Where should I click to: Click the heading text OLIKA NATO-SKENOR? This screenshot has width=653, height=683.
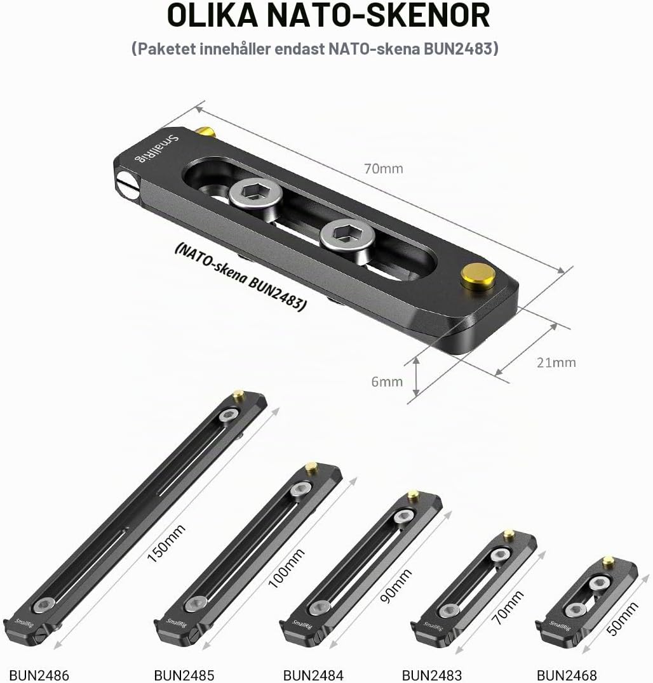(328, 15)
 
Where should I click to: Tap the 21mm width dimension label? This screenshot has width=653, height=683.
(556, 362)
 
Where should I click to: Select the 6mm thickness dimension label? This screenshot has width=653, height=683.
(387, 381)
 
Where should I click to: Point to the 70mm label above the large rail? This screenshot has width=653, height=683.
(384, 169)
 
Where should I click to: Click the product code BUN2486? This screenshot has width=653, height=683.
(39, 675)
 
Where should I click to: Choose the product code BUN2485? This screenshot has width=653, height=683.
(184, 675)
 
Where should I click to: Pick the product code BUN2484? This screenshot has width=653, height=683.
(313, 675)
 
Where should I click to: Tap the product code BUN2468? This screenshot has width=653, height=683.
(567, 675)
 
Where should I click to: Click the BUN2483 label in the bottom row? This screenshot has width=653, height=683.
(431, 675)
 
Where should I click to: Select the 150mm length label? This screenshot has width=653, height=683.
(166, 543)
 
